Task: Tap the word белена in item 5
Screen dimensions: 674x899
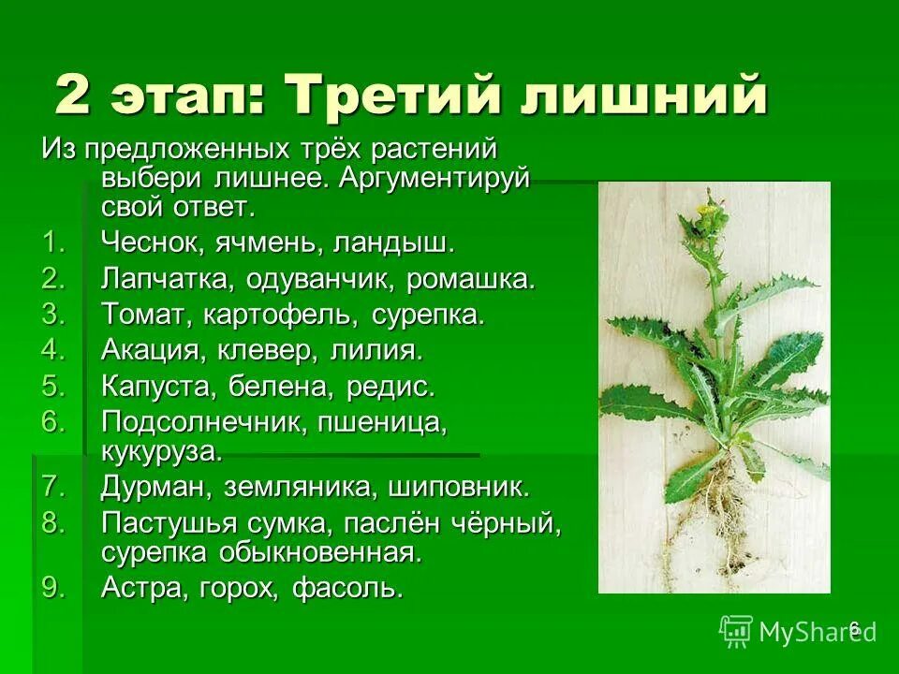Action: pos(275,387)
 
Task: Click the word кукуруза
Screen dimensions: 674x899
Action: pos(162,451)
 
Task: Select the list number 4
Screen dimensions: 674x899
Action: pos(54,351)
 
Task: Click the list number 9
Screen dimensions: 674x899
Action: pos(54,588)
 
